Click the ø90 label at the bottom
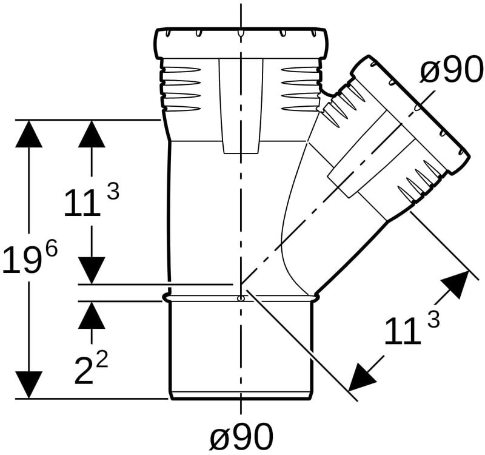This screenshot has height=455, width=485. (x=241, y=436)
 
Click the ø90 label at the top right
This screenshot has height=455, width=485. (x=452, y=70)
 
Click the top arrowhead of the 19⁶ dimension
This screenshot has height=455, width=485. (x=28, y=133)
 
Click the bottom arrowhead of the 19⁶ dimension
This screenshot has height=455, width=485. (x=28, y=385)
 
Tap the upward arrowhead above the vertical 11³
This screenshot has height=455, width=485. (x=92, y=133)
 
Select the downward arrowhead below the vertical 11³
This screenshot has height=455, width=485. (x=92, y=270)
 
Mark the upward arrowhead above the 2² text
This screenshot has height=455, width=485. (x=92, y=315)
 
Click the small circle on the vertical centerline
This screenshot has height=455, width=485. (x=241, y=298)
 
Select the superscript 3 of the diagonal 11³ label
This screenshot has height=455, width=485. (x=433, y=320)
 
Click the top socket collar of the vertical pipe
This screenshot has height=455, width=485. (x=241, y=43)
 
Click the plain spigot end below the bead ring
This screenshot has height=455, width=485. (x=241, y=350)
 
